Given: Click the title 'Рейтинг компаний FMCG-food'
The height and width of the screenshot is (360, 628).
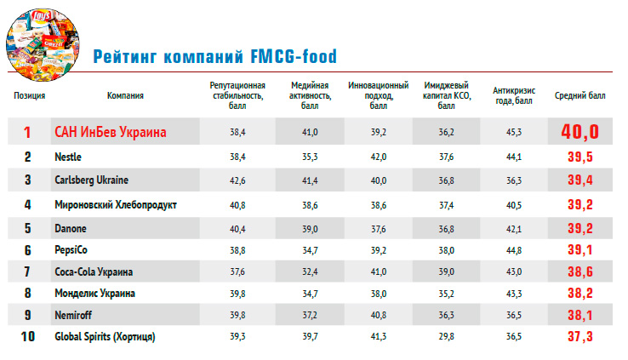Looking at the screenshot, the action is [215, 56].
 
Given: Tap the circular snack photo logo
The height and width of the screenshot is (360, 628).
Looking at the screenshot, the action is [43, 44].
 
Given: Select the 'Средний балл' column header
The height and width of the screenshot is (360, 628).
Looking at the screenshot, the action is [580, 95].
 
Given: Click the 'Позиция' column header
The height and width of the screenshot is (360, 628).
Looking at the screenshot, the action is [29, 95].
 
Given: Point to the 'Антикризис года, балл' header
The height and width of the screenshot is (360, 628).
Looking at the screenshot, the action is [514, 95].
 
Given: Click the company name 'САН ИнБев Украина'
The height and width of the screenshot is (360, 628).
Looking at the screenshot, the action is [110, 132].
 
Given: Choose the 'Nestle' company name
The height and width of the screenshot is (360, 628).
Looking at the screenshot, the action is [68, 157].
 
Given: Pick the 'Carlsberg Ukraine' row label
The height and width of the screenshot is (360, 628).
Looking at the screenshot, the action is [91, 180].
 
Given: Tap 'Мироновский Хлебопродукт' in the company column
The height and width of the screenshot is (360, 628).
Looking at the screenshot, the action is [116, 204].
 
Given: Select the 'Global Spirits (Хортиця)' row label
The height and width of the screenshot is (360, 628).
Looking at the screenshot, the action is [105, 336].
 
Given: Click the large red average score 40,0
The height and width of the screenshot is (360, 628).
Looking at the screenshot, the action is [579, 131].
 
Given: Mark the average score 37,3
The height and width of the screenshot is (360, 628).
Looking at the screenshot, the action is [579, 336].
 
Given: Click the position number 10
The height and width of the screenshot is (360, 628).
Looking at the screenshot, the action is [27, 336].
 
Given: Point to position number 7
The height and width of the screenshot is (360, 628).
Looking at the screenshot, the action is [27, 271].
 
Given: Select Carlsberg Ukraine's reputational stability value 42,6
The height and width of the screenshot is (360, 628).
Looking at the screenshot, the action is [237, 180].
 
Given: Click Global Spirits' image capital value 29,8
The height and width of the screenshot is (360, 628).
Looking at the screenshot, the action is [446, 336].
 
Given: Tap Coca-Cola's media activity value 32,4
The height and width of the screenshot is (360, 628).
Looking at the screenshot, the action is [310, 271].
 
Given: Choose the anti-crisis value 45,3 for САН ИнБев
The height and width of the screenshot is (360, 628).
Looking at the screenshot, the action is [514, 132].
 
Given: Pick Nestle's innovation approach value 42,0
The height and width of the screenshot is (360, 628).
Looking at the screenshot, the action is [378, 157].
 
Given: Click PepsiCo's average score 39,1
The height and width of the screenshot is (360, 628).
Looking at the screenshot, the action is [579, 250].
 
